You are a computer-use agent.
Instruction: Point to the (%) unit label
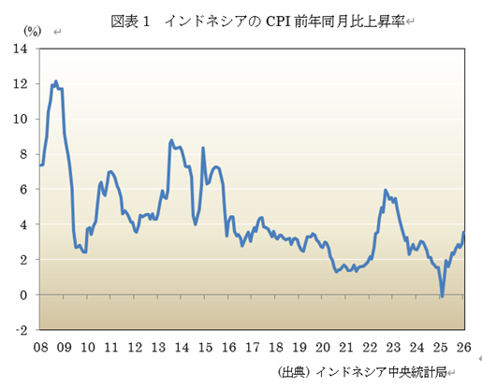click(33, 32)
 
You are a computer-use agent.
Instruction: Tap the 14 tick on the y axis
click(20, 49)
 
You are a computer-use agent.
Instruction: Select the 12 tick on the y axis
click(20, 84)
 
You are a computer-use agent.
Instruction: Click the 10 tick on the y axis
click(20, 119)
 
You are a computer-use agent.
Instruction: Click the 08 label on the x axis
click(41, 348)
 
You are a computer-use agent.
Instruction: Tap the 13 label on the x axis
click(158, 348)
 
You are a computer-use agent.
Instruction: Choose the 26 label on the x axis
click(462, 348)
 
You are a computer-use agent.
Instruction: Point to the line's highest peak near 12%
click(56, 81)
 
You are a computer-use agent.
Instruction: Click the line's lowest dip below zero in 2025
click(442, 297)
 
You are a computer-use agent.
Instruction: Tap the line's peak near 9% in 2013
click(171, 140)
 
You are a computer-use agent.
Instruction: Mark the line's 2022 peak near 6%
click(385, 190)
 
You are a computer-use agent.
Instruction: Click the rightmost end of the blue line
click(463, 232)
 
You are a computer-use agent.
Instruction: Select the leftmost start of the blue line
click(40, 165)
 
